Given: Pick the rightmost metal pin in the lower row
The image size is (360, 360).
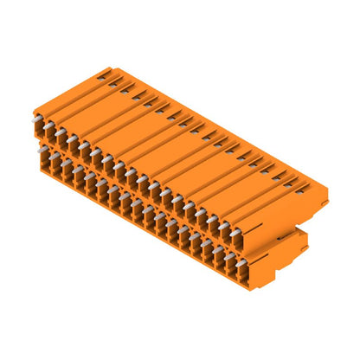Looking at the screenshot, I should pos(239,261).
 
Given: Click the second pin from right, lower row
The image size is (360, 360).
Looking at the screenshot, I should pos(227,255).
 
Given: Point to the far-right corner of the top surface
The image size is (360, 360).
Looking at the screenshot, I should pos(328,187).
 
